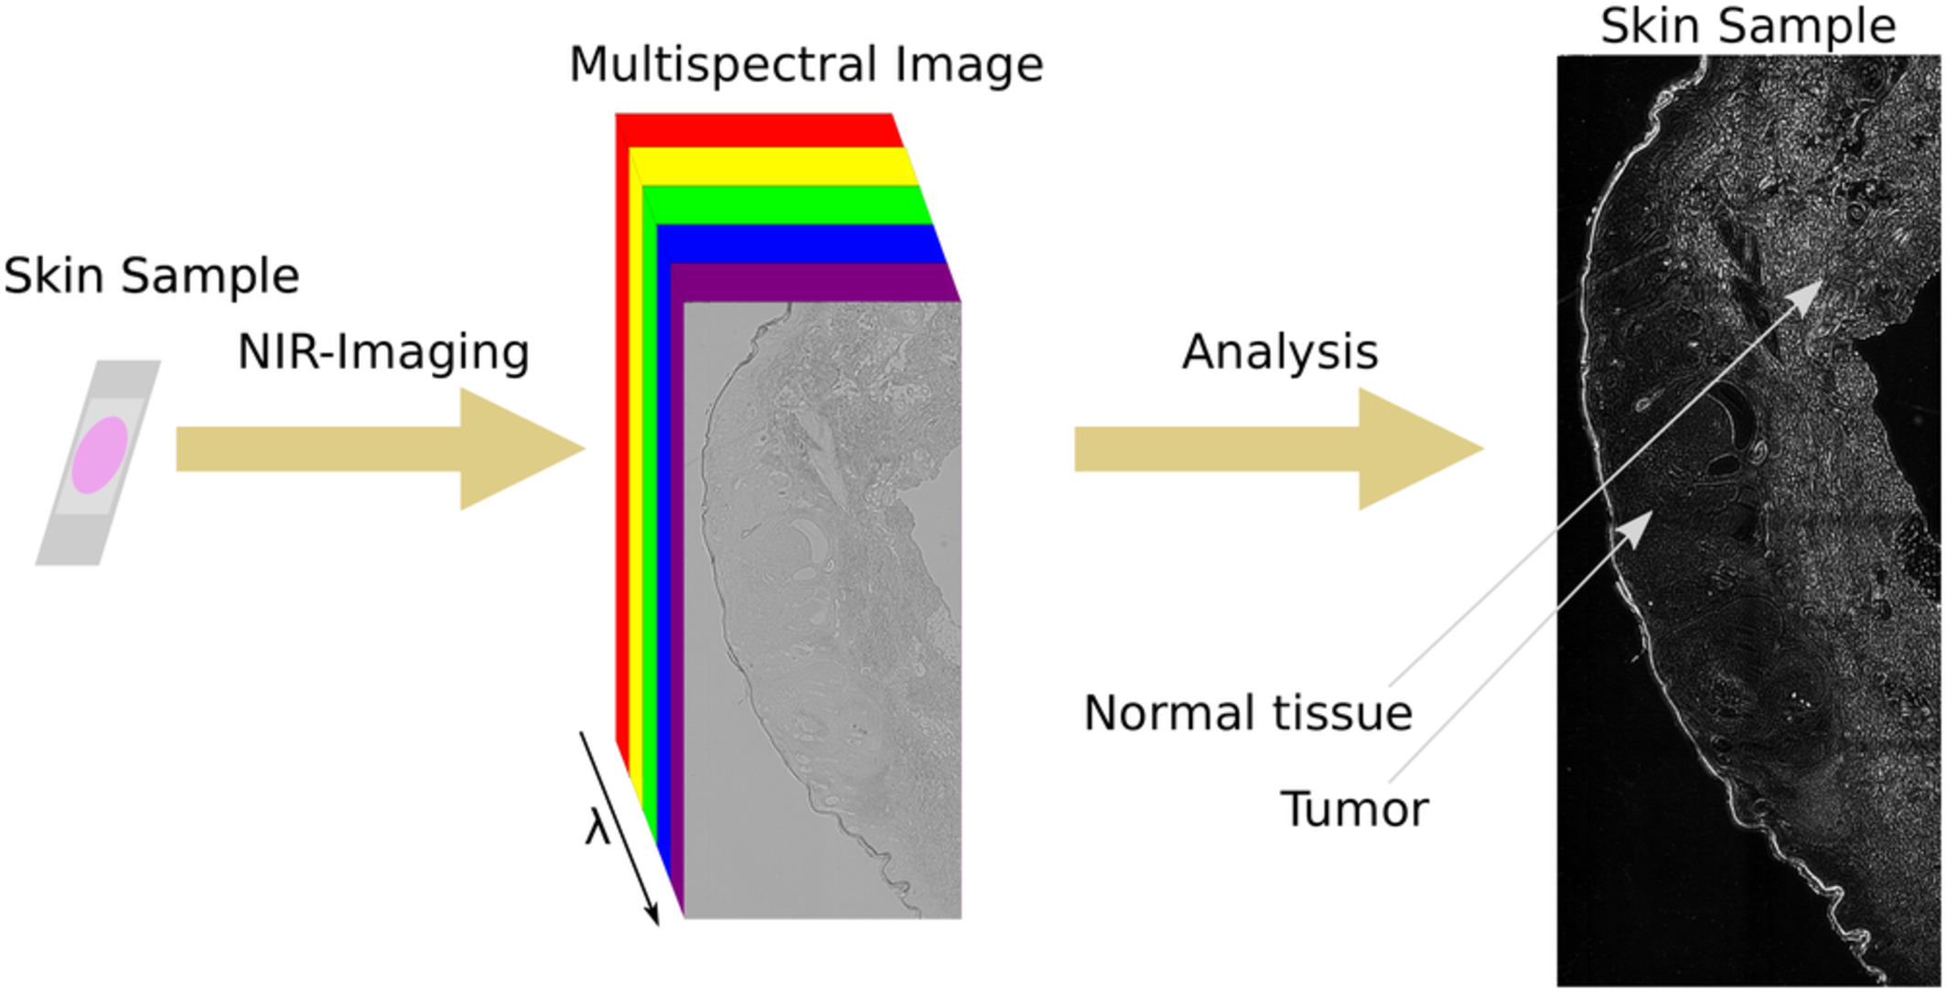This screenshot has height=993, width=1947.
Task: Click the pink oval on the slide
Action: pyautogui.click(x=100, y=455)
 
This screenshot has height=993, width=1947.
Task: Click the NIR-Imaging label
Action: pyautogui.click(x=383, y=352)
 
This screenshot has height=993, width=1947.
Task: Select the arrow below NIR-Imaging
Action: pyautogui.click(x=381, y=448)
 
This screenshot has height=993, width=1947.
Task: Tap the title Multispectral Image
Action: pyautogui.click(x=806, y=65)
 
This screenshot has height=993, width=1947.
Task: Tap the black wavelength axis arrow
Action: pyautogui.click(x=619, y=828)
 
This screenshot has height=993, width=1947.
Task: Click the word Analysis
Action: pyautogui.click(x=1280, y=352)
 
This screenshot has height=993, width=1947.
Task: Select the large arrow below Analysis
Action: pyautogui.click(x=1279, y=448)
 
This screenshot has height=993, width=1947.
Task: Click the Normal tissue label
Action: pyautogui.click(x=1248, y=713)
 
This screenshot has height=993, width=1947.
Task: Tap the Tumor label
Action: pyautogui.click(x=1354, y=809)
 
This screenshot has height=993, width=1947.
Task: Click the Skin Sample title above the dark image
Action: pyautogui.click(x=1748, y=26)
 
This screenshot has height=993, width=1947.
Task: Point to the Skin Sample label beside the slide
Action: pyautogui.click(x=152, y=275)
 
